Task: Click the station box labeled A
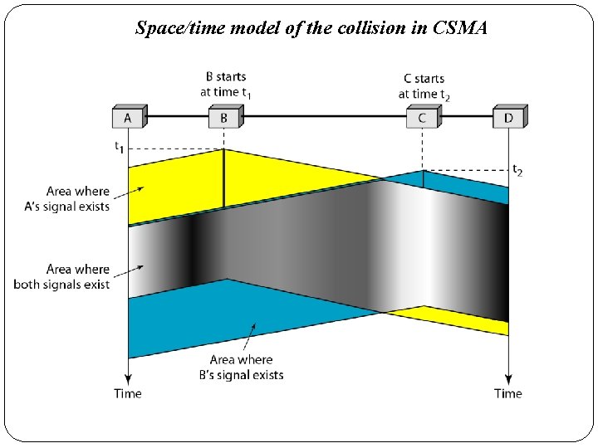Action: pos(128,118)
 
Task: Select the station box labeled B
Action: pos(224,118)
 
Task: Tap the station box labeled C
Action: pos(422,118)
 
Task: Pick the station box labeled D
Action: pos(508,118)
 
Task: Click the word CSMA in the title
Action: pos(460,28)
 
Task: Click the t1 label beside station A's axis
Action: pos(120,148)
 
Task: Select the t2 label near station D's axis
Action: pos(517,171)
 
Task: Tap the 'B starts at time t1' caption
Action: pos(225,85)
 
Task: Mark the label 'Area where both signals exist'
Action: pos(61,277)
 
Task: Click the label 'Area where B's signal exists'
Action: pos(241,368)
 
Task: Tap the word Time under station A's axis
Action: pos(128,393)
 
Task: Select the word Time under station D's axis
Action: pos(508,393)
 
